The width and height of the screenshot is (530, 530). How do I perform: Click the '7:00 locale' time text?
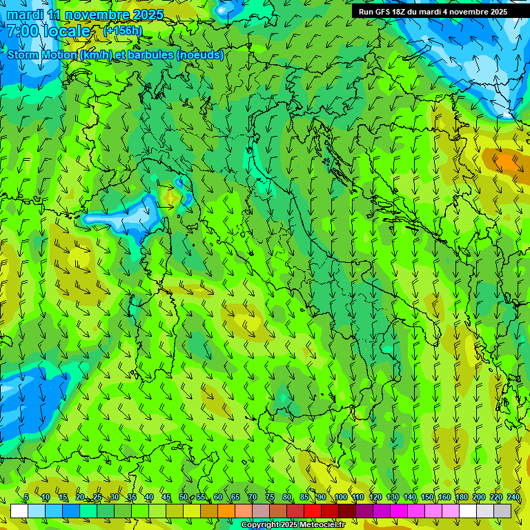(48, 31)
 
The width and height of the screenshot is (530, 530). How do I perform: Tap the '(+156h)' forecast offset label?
(123, 30)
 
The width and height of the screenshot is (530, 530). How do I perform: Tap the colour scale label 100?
(340, 498)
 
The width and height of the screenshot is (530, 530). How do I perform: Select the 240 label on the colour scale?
(513, 498)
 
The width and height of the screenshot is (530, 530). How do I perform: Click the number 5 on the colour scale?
(26, 498)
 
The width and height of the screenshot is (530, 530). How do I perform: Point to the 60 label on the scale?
(218, 498)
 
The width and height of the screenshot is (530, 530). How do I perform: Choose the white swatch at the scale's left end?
(19, 511)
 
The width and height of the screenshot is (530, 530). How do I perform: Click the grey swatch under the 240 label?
(502, 511)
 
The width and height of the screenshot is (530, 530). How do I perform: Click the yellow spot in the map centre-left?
(169, 197)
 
